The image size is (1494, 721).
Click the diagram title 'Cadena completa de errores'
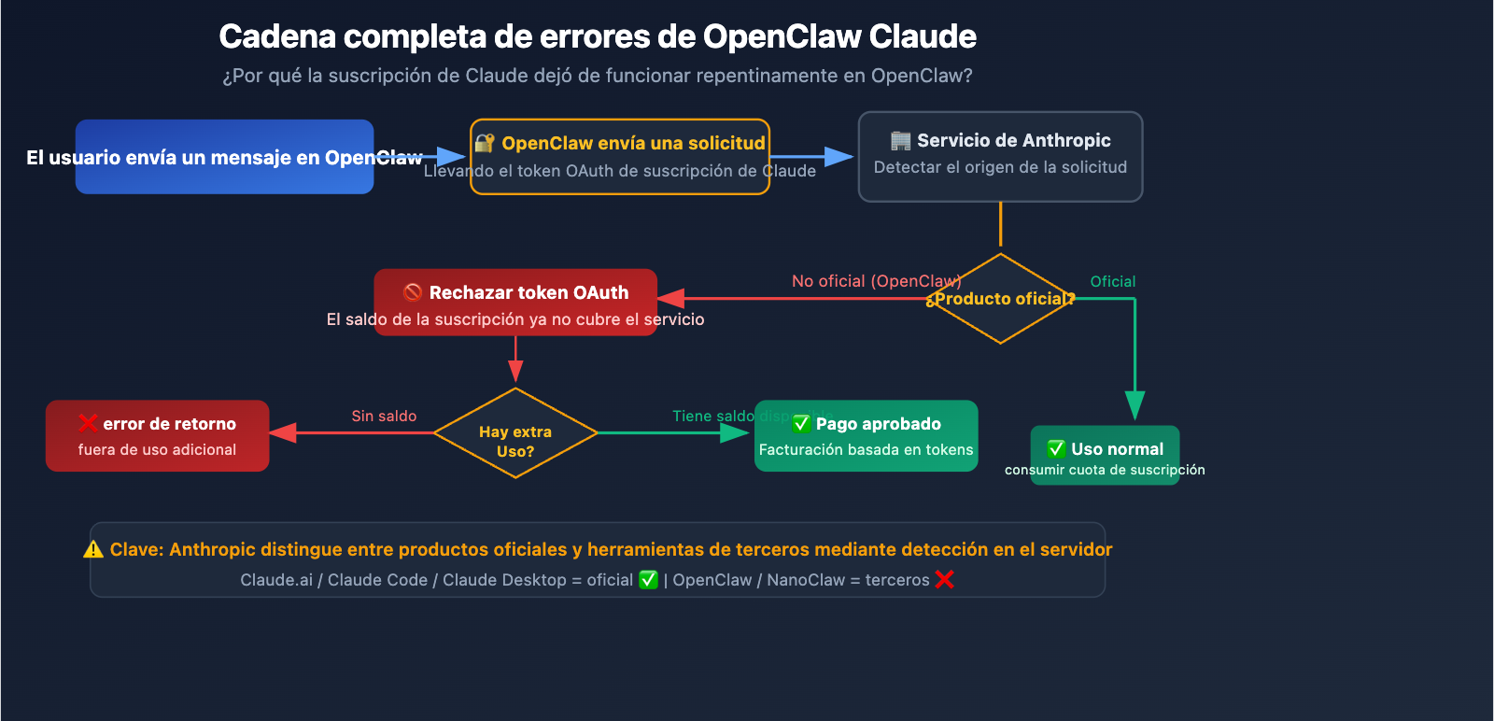597,36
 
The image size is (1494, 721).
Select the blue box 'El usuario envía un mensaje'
224,157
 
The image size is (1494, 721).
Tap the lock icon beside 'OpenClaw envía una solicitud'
484,143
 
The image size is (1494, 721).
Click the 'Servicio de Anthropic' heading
1013,140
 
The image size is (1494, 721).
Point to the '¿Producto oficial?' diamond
1000,299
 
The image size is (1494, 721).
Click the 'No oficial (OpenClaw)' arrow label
876,281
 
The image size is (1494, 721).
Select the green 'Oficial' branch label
1112,281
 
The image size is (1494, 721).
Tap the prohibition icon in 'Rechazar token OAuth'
413,292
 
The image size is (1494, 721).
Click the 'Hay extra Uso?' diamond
515,433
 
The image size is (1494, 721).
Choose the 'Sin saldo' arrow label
384,416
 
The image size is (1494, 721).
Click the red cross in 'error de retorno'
88,423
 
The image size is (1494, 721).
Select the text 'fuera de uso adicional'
157,449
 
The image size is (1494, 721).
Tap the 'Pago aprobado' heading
878,424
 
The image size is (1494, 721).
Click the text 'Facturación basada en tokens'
866,449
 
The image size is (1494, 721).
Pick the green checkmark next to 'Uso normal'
1056,448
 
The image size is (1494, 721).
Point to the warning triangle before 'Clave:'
93,549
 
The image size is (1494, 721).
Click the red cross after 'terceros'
944,580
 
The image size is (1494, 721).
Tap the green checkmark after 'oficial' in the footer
648,580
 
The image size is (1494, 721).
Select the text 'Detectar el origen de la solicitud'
1000,167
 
